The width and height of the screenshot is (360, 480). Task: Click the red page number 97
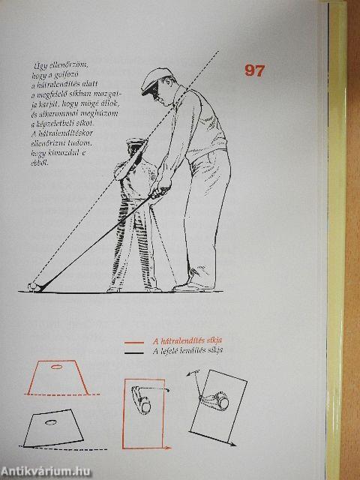pos(256,70)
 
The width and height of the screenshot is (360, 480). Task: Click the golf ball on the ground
pos(31,285)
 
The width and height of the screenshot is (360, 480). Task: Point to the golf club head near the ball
pos(40,285)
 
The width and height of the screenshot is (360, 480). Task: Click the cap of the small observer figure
pos(134,142)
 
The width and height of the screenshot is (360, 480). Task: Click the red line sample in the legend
pos(135,341)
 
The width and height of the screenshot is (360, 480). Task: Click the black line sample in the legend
pos(135,350)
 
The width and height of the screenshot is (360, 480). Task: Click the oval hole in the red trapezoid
pos(57,367)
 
